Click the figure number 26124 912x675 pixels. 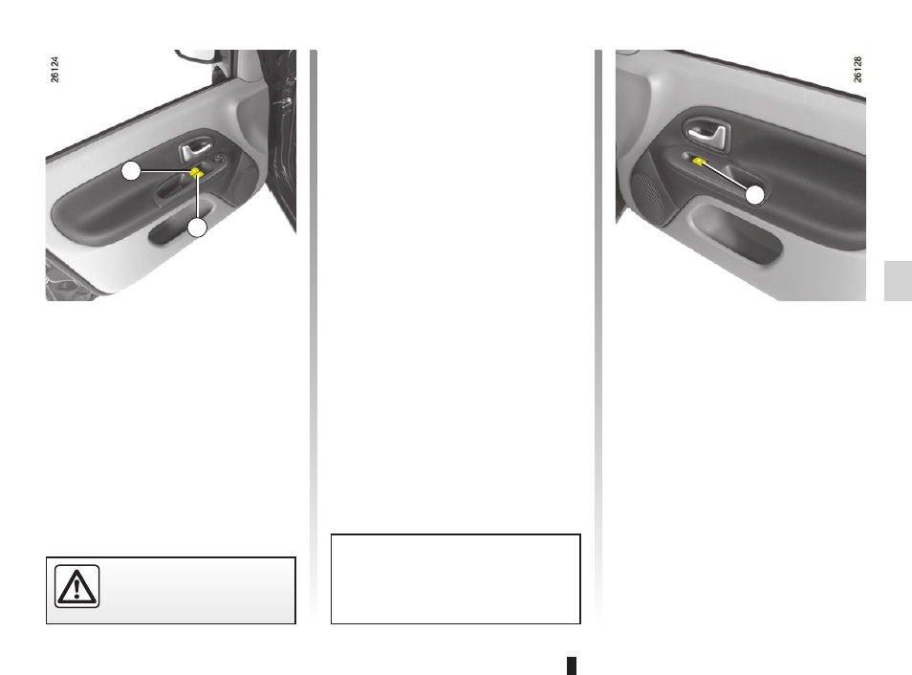[x=54, y=69]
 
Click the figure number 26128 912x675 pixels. [x=858, y=69]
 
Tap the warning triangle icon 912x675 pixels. [x=76, y=586]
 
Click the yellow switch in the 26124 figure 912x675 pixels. [x=197, y=172]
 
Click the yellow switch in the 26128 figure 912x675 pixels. [x=700, y=162]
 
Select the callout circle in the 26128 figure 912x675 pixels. [x=754, y=195]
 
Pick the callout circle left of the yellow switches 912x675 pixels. [x=131, y=171]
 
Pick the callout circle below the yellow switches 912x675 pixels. [x=197, y=228]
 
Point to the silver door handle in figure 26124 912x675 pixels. [x=195, y=150]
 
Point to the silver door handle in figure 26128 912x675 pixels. [x=707, y=133]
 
